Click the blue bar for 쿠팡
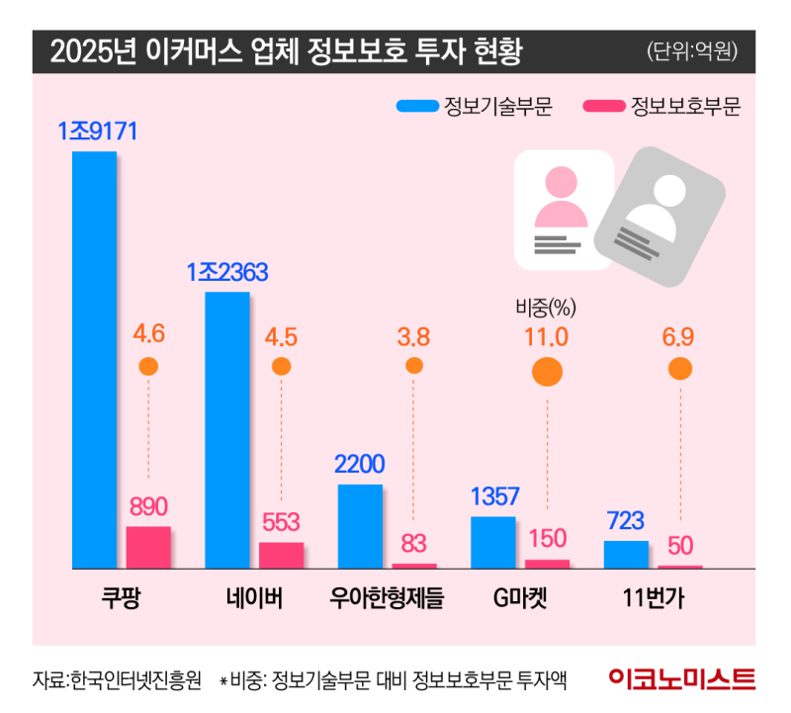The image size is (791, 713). point(95,360)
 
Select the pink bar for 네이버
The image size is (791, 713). point(282,555)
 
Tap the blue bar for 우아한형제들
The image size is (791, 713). point(360,526)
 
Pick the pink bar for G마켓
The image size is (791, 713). point(548,564)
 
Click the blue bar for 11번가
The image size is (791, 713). point(626,554)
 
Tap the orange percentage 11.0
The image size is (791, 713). point(547,336)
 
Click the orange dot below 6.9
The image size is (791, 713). point(680,369)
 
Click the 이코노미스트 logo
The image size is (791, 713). point(682,679)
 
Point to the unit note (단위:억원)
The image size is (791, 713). point(693,49)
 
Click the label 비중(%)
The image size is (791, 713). point(546,307)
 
